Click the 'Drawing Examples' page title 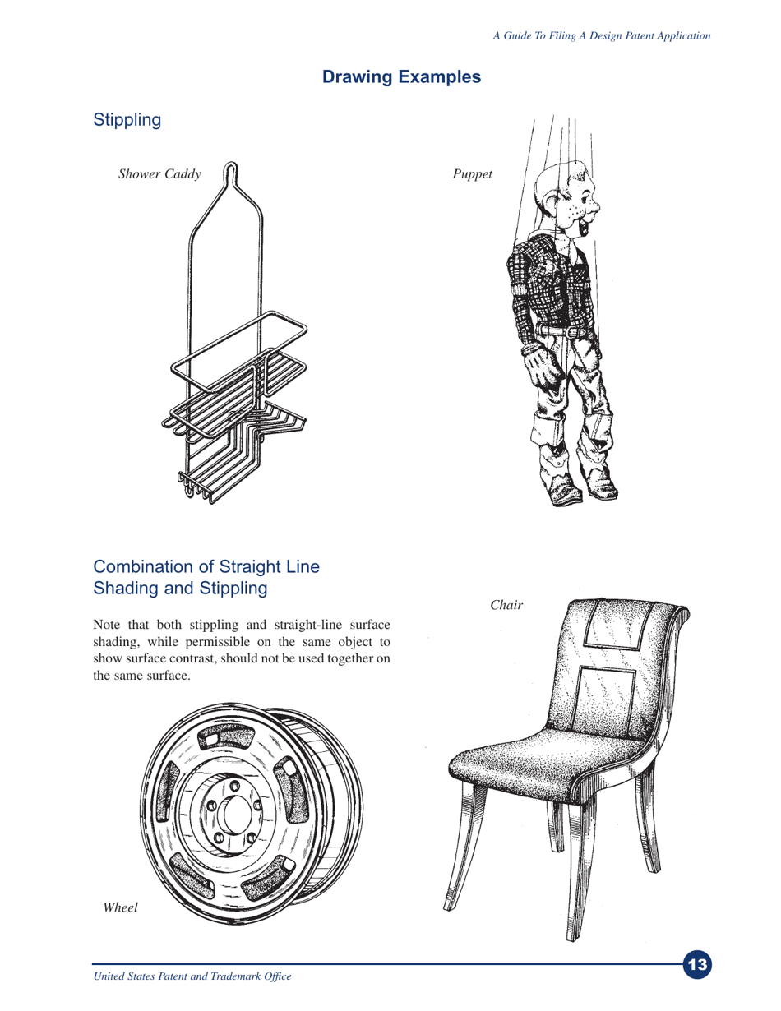(x=401, y=77)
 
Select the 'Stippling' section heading (x=127, y=120)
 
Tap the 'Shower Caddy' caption (x=159, y=174)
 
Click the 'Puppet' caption (x=472, y=174)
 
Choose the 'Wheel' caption (x=118, y=907)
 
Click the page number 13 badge (x=697, y=964)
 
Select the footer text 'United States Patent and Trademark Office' (x=192, y=977)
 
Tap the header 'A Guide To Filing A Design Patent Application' (x=601, y=35)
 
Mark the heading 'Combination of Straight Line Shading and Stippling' (x=206, y=578)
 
